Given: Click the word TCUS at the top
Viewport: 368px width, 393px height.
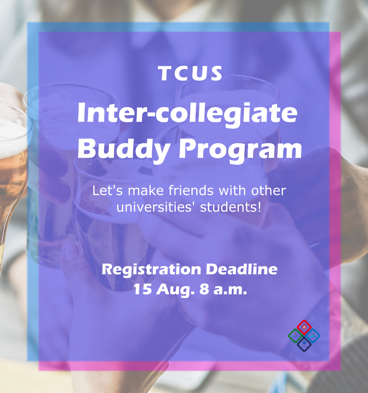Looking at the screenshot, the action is click(x=190, y=73).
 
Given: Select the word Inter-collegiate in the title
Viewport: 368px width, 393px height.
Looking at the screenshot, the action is click(x=188, y=114).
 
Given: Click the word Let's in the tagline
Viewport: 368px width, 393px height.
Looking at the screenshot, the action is click(x=108, y=190).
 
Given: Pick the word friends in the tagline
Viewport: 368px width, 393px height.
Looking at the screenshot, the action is click(x=191, y=190).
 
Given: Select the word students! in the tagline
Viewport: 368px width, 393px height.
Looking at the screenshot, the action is click(x=230, y=207).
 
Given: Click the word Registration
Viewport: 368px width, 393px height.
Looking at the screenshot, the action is click(x=151, y=270).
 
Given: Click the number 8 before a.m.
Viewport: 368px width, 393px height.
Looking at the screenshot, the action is click(x=204, y=289).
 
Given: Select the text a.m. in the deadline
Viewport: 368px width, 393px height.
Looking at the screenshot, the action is click(x=230, y=290).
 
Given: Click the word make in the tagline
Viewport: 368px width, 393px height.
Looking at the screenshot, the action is click(x=146, y=190).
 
